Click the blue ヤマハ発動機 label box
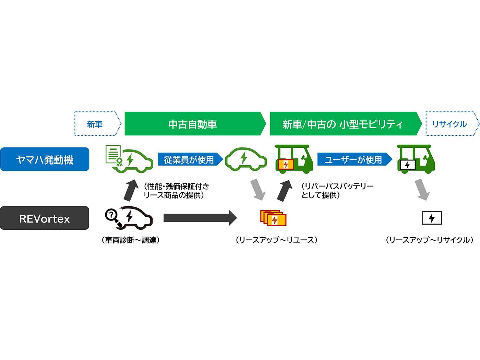coord(45,159)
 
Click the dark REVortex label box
coord(45,218)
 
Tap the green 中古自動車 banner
coord(194,124)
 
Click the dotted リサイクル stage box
coord(451,124)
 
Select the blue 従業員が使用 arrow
coord(190,159)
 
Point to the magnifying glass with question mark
coord(112,216)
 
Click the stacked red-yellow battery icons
coord(273,218)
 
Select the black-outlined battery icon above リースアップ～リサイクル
coord(432,218)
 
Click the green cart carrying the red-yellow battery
coord(294,159)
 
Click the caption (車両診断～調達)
coord(131,240)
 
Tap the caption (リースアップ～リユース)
coord(276,240)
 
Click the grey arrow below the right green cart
coord(422,190)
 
